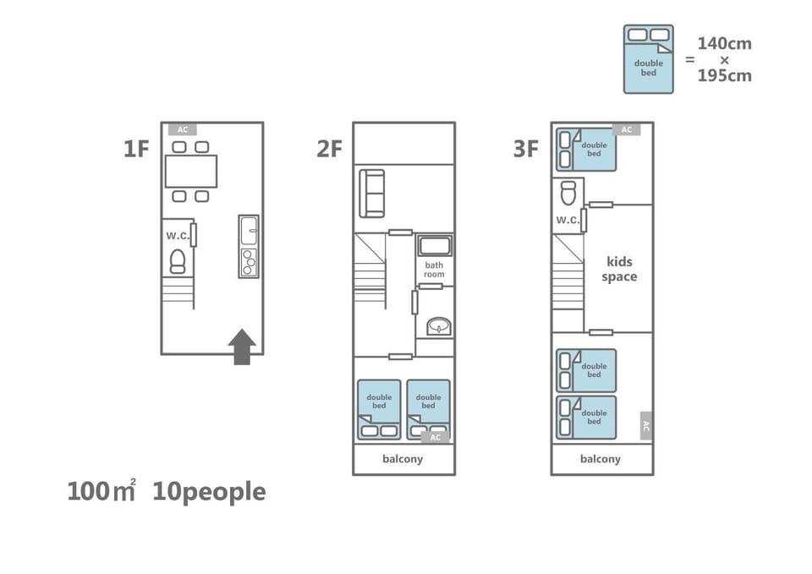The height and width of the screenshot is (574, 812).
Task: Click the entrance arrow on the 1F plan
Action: tap(242, 347)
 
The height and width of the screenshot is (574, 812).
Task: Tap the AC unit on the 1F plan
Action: tap(183, 129)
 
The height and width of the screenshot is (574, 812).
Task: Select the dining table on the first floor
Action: tap(191, 172)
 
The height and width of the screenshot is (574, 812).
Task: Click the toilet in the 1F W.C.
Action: tap(178, 261)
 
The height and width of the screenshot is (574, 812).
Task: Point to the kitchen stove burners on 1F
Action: tap(249, 262)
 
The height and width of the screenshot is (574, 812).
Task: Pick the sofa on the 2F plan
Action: tap(372, 193)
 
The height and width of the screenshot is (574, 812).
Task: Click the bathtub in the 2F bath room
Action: tap(435, 246)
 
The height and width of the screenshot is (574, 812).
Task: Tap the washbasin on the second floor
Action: tap(439, 326)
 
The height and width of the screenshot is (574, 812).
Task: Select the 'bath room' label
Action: tap(434, 270)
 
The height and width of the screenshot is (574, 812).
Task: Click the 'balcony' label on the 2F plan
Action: tap(403, 459)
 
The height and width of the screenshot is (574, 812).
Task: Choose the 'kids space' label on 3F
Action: tap(619, 269)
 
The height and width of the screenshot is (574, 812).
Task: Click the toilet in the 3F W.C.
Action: tap(568, 194)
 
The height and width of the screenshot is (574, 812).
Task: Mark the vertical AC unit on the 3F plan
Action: tap(645, 426)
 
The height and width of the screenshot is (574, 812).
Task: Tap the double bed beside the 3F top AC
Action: tap(586, 150)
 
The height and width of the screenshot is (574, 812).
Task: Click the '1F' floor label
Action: tap(136, 149)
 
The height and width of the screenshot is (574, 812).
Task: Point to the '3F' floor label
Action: tap(526, 149)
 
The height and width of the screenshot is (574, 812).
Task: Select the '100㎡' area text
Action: tap(101, 491)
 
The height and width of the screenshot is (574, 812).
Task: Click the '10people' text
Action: tap(209, 492)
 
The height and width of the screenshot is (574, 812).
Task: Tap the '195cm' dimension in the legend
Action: tap(725, 75)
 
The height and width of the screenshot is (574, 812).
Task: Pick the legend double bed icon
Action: tap(649, 59)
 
